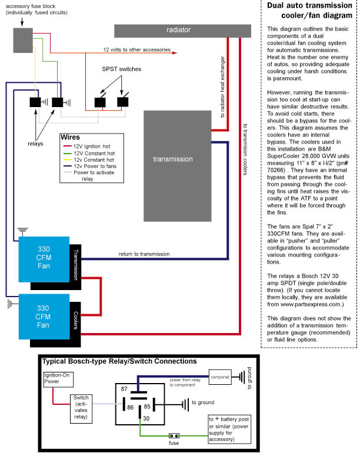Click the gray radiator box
pos(182,31)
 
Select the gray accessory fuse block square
pos(23,41)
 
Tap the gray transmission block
pos(177,166)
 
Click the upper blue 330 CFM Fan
pos(44,259)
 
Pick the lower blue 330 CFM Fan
pos(44,317)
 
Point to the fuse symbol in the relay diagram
pos(174,435)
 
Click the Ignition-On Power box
pos(58,380)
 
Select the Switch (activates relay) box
pos(81,409)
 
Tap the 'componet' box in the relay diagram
pos(220,377)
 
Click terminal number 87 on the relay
pos(124,389)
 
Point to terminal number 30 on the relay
pos(146,418)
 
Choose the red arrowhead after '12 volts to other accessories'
pos(175,53)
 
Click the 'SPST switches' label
pos(122,69)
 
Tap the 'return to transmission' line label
pos(144,254)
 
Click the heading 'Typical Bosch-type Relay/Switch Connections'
pos(119,361)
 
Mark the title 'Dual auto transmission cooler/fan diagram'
pos(309,11)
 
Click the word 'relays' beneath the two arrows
pos(35,144)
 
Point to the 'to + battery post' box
pos(229,429)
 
